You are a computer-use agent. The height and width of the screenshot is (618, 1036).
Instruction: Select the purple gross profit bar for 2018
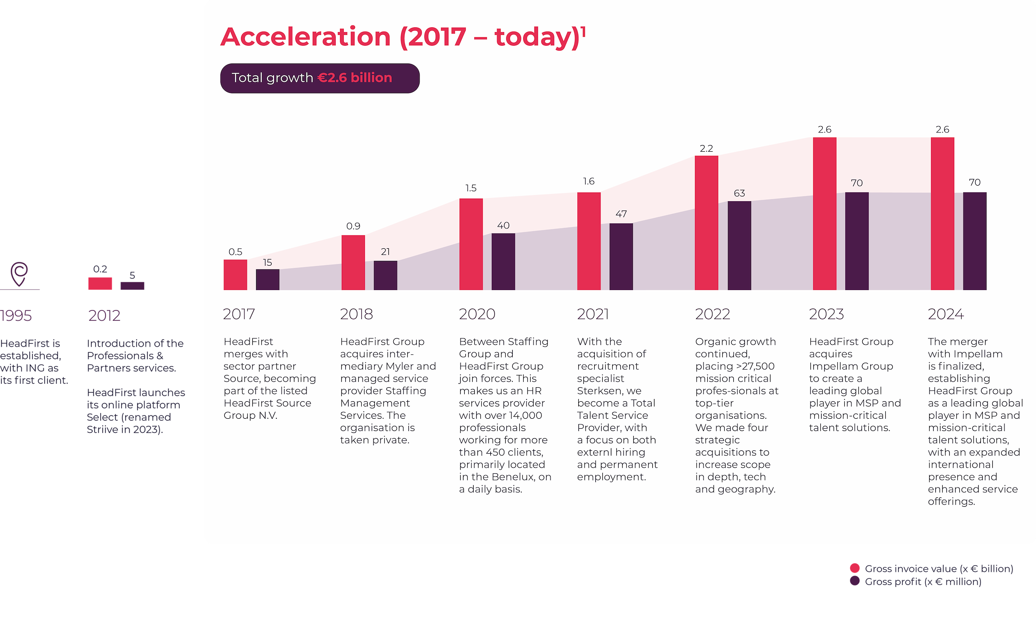(x=385, y=275)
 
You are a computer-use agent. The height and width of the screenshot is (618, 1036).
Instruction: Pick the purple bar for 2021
(x=621, y=256)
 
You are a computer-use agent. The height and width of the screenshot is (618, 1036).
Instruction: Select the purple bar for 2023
(x=857, y=241)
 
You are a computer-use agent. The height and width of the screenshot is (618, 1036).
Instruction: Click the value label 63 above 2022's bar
(x=739, y=193)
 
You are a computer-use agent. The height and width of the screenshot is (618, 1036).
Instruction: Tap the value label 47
(x=621, y=214)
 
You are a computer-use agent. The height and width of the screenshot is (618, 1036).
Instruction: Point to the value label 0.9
(x=353, y=226)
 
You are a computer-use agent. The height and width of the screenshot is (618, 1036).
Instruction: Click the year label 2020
(x=477, y=314)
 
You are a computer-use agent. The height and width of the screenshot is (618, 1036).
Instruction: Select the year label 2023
(x=826, y=314)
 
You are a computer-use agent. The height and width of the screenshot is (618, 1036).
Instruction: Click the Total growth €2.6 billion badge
(x=320, y=78)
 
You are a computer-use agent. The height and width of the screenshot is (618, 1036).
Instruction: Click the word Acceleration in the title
(x=306, y=37)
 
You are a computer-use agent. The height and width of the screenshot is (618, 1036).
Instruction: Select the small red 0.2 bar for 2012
(x=100, y=283)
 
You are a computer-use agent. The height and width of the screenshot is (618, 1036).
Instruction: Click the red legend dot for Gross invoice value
(x=855, y=568)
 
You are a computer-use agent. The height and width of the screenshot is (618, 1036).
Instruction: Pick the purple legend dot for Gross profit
(x=855, y=581)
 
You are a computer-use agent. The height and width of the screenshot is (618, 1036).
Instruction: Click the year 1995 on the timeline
(x=16, y=315)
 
